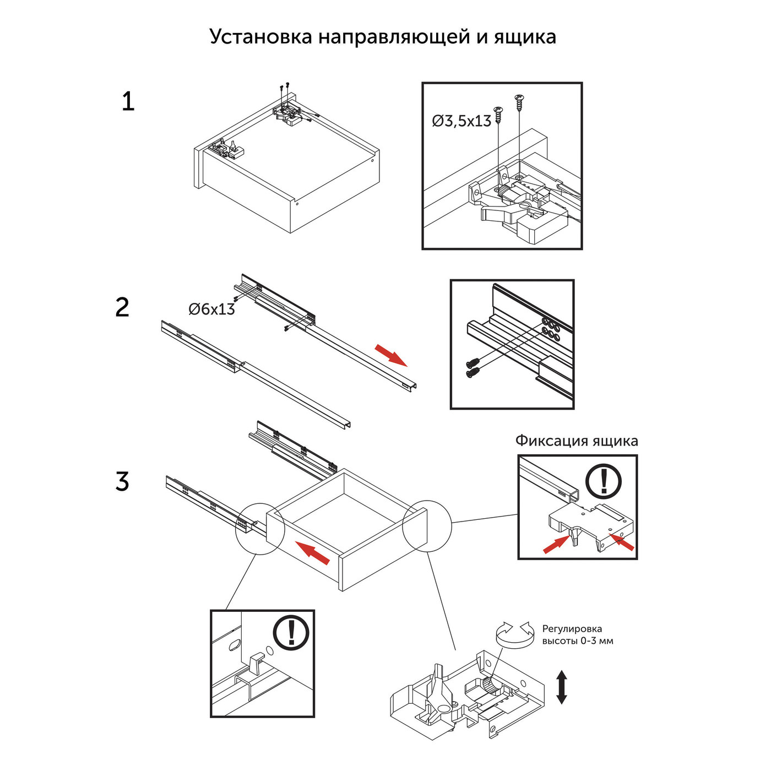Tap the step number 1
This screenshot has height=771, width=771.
tap(128, 102)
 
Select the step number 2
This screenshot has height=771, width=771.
tap(122, 307)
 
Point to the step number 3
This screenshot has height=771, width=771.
tap(122, 481)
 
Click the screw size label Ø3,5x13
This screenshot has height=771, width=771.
tap(461, 121)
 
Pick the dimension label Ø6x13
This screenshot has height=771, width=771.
tap(211, 310)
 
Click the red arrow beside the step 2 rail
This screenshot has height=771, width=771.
tap(391, 355)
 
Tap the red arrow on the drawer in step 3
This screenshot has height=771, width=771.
tap(312, 552)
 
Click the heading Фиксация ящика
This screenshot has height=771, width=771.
tap(577, 441)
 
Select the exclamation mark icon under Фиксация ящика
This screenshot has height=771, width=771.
tap(604, 481)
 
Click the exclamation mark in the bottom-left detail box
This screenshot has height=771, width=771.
tap(291, 632)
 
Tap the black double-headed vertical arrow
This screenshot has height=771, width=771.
tap(561, 687)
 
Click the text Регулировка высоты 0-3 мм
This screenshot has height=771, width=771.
tap(577, 635)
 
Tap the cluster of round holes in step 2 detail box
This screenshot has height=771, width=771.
tap(550, 326)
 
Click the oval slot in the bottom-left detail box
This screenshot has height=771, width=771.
tap(234, 644)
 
